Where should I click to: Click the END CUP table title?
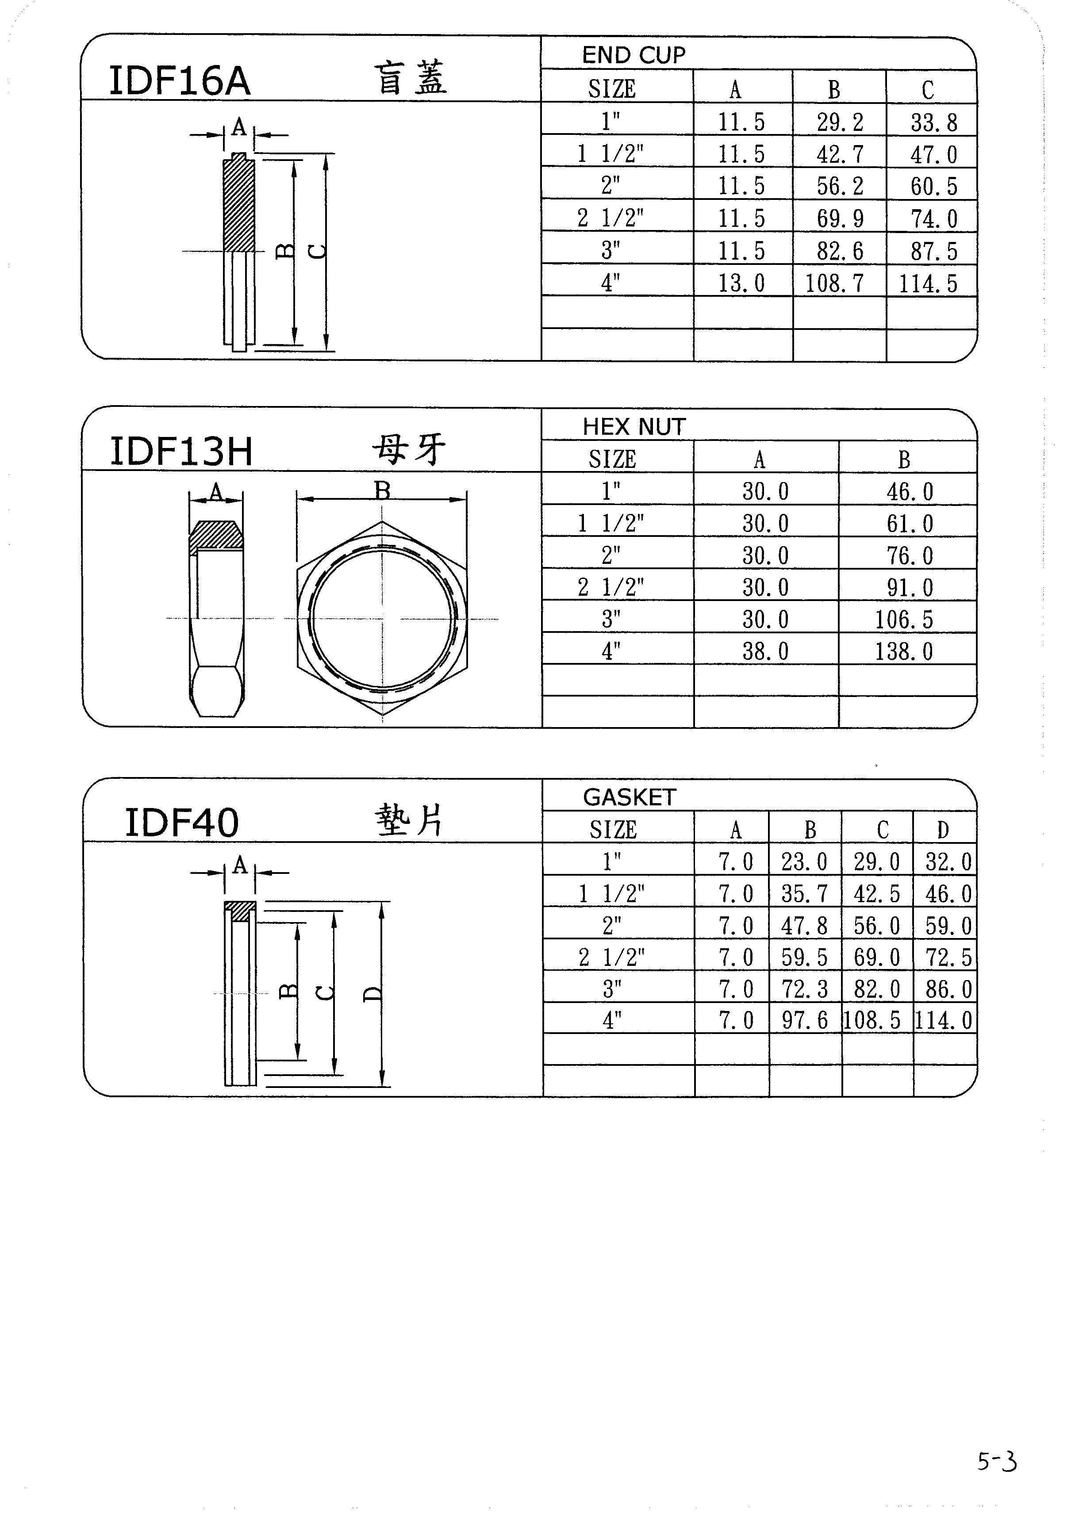(x=633, y=54)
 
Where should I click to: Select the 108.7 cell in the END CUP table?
(x=834, y=283)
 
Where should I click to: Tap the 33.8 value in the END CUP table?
(x=934, y=123)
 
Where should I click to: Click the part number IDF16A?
(x=180, y=80)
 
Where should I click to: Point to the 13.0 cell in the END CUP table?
(x=741, y=283)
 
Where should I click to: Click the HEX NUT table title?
(x=633, y=427)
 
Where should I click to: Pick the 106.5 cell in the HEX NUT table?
(x=904, y=620)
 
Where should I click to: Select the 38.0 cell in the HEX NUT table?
(x=765, y=651)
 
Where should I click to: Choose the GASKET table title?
(x=630, y=797)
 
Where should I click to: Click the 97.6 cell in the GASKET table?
(x=805, y=1020)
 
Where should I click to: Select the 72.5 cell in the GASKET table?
(x=948, y=957)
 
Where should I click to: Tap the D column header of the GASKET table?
(x=943, y=829)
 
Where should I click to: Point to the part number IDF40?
(x=182, y=823)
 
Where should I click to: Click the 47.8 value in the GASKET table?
(x=805, y=926)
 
